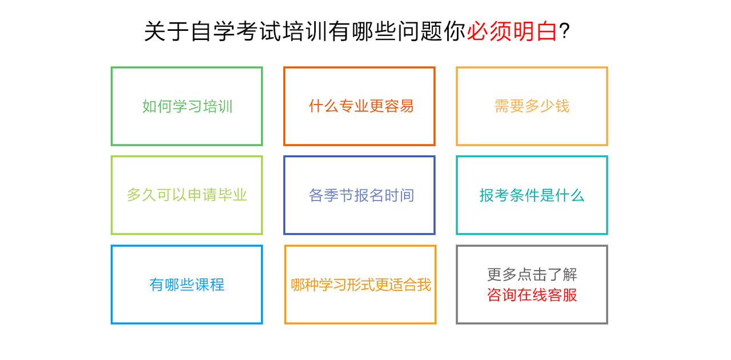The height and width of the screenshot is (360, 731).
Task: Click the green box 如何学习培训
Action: coord(187,106)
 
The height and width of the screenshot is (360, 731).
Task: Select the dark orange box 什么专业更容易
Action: coord(359,106)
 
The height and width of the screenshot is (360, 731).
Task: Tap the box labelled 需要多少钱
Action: coord(532,106)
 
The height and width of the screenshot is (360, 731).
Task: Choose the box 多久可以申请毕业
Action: coord(187,195)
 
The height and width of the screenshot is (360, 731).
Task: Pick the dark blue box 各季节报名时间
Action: coord(359,195)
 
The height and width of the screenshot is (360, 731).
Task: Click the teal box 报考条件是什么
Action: coord(532,195)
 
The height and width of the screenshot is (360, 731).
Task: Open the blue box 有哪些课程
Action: coord(187,285)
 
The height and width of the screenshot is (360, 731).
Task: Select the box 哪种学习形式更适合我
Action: coord(360,285)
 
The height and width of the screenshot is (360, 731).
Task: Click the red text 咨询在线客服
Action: coord(532,295)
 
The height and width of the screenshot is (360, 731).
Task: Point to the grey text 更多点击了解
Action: coord(532,274)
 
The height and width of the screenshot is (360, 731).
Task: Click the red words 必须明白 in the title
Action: coord(512,31)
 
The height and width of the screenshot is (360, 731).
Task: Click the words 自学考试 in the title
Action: coord(236,31)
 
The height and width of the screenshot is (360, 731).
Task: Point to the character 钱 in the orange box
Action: coord(563,106)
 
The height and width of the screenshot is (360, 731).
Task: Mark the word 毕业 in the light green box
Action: coord(232,195)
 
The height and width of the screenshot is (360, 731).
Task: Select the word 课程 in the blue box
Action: coord(210,285)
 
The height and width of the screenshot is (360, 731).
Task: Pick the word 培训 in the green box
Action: coord(218,106)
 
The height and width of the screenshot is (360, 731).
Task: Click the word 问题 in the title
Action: coord(420,31)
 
